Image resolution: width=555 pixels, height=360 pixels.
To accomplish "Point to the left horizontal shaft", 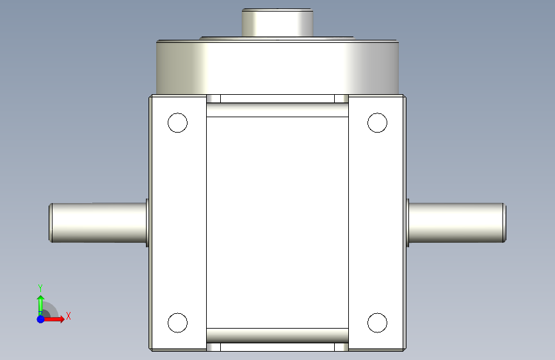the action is [x=98, y=223].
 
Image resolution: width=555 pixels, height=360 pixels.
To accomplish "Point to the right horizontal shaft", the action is [x=457, y=223].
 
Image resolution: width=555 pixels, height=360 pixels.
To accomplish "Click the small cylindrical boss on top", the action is [x=278, y=22].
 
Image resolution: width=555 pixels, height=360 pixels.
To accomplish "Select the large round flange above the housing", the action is [x=278, y=67].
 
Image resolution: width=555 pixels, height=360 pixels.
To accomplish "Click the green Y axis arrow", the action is [x=40, y=306].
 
